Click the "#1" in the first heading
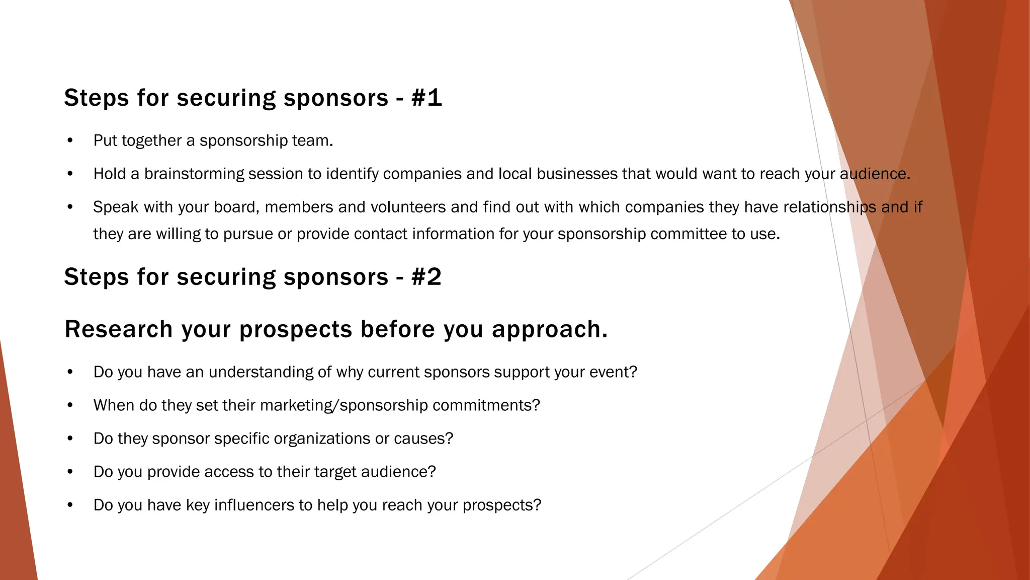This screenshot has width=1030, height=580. pyautogui.click(x=426, y=98)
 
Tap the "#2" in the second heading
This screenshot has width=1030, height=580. pyautogui.click(x=426, y=277)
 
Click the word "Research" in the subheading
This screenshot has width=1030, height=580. pyautogui.click(x=119, y=330)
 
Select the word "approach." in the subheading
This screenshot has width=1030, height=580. pyautogui.click(x=550, y=330)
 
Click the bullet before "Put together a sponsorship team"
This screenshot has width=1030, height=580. pyautogui.click(x=70, y=140)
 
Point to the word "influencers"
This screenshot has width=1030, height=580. pyautogui.click(x=256, y=505)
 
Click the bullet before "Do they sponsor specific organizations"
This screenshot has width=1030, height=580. pyautogui.click(x=70, y=439)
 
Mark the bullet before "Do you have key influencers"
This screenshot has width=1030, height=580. pyautogui.click(x=70, y=505)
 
